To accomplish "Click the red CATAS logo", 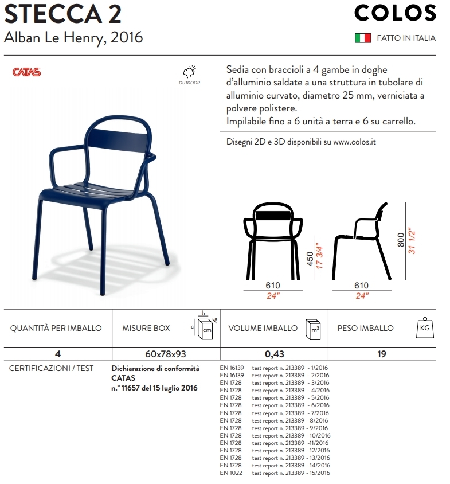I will [x=26, y=72].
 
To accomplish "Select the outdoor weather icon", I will [x=189, y=72].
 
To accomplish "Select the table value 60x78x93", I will [x=166, y=354].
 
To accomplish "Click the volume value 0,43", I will [x=274, y=354].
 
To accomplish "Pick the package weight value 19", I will [x=381, y=354].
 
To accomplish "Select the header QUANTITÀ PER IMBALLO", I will [x=56, y=328].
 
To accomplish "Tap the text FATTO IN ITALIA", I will [x=406, y=38].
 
